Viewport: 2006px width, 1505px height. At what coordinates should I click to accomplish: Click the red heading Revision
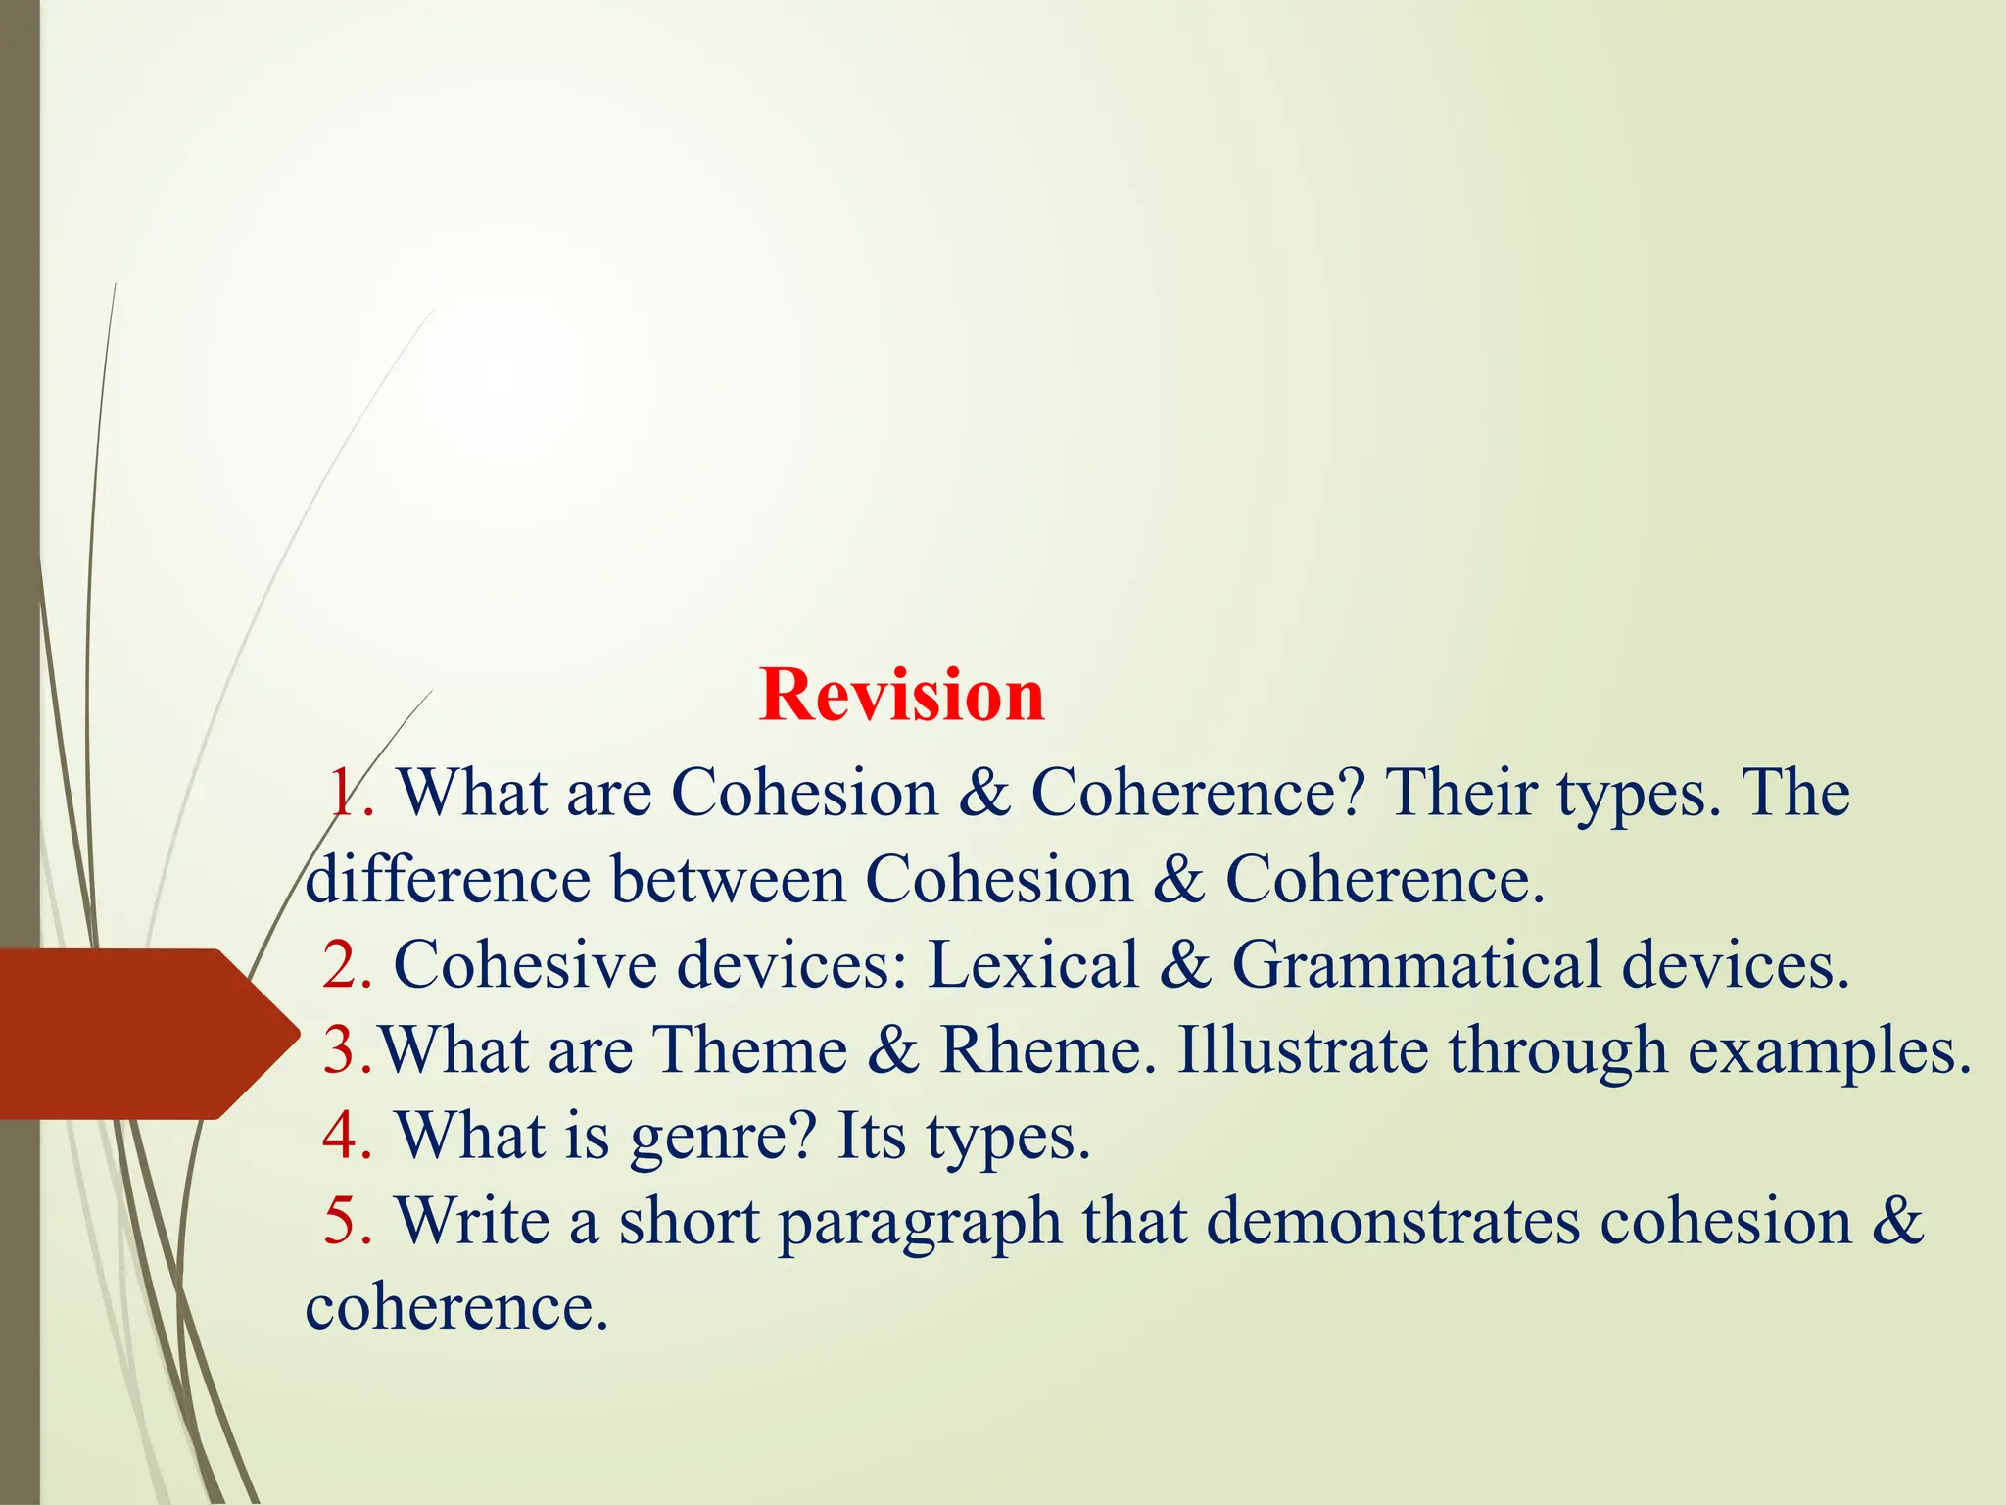(901, 696)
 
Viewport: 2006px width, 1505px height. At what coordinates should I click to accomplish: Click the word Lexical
(1032, 965)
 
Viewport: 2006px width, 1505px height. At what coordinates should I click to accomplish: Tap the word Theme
(749, 1050)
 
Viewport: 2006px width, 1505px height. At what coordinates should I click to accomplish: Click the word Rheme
(1038, 1050)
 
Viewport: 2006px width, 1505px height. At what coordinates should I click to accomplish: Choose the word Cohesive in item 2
(525, 965)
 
